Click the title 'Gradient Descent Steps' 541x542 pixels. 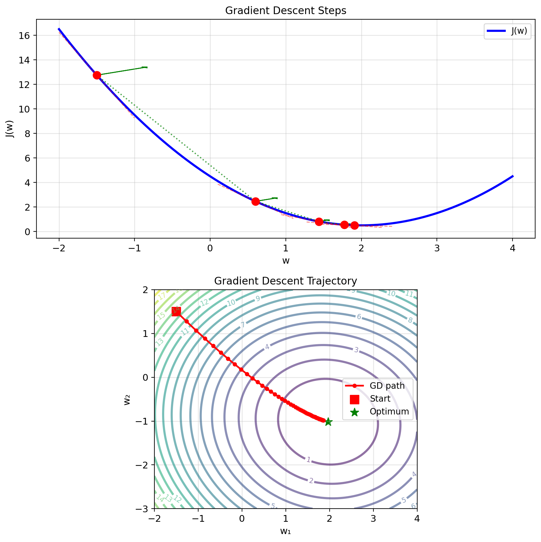click(x=286, y=11)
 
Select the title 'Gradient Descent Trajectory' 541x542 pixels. click(x=286, y=281)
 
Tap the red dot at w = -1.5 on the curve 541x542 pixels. click(x=97, y=75)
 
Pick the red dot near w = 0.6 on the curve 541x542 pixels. click(x=255, y=201)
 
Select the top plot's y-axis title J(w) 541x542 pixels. click(x=11, y=128)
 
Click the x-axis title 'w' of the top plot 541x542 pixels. click(x=286, y=261)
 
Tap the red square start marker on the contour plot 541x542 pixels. click(x=176, y=311)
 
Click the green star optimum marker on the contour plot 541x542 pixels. click(x=328, y=422)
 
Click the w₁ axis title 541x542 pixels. click(x=286, y=531)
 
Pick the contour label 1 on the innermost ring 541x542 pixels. click(x=308, y=460)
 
